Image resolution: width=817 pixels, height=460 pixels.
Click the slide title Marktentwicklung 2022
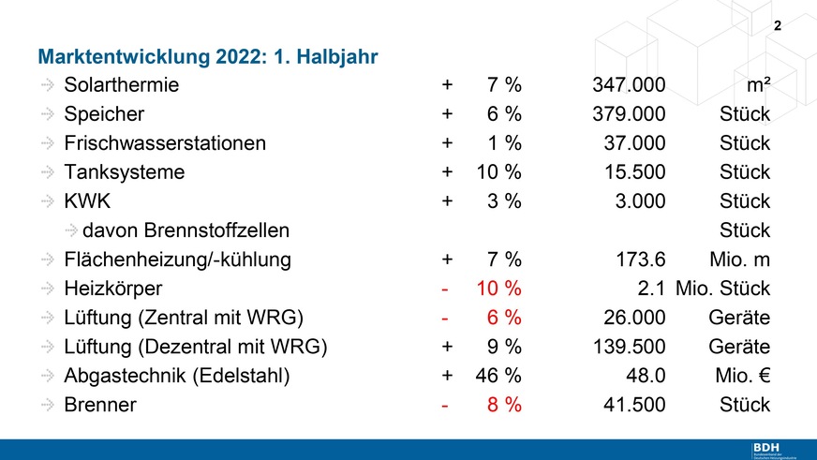(206, 56)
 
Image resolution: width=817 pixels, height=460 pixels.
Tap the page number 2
(777, 26)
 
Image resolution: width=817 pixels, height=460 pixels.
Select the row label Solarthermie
(122, 86)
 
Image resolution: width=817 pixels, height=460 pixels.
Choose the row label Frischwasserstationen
(165, 144)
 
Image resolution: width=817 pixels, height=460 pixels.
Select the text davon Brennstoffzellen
(186, 230)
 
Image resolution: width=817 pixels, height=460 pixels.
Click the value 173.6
(640, 260)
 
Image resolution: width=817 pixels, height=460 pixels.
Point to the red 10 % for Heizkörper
(498, 289)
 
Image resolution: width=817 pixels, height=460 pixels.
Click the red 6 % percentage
(503, 318)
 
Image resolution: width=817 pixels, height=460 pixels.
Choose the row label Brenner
(100, 405)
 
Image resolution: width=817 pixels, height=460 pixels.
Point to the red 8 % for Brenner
(503, 405)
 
